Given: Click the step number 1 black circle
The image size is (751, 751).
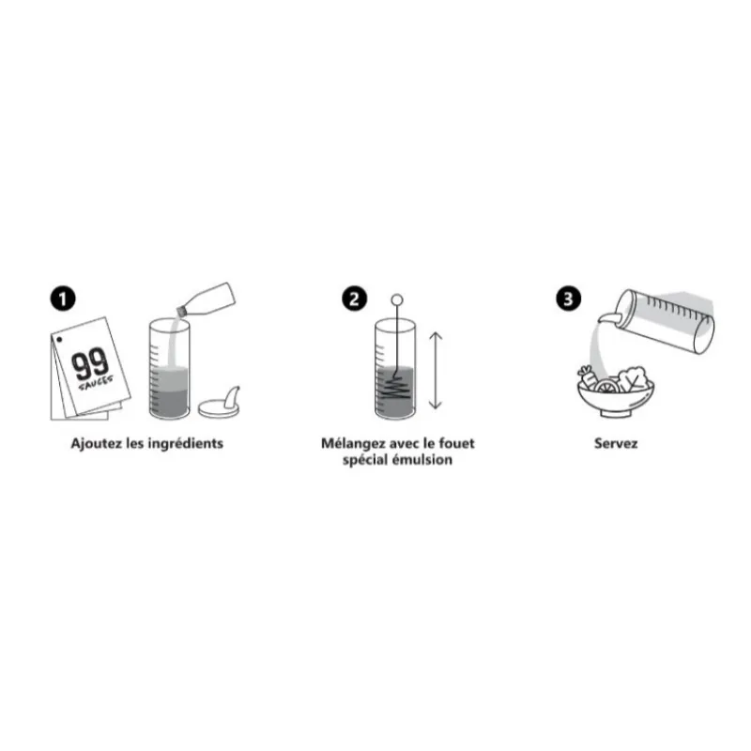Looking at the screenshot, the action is [63, 299].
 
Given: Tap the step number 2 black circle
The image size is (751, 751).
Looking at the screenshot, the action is [355, 299].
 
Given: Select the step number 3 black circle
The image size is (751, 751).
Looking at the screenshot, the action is [569, 299].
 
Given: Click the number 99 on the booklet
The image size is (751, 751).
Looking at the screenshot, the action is [90, 364].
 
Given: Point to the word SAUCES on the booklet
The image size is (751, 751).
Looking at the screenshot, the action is [96, 383].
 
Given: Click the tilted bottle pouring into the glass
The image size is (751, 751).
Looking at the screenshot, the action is [207, 299].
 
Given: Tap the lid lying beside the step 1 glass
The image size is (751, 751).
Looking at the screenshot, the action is [220, 405].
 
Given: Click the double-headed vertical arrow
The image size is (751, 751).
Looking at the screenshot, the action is [435, 371].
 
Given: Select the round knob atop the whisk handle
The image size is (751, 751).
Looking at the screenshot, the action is [397, 300].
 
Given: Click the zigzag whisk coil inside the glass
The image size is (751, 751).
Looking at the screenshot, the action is [395, 387].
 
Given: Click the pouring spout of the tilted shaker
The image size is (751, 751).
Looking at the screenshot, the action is [607, 316].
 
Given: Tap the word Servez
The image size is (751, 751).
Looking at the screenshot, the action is [616, 443].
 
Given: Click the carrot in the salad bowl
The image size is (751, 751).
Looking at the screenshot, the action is [588, 376].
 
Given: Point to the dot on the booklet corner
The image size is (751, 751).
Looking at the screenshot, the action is [59, 340].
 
